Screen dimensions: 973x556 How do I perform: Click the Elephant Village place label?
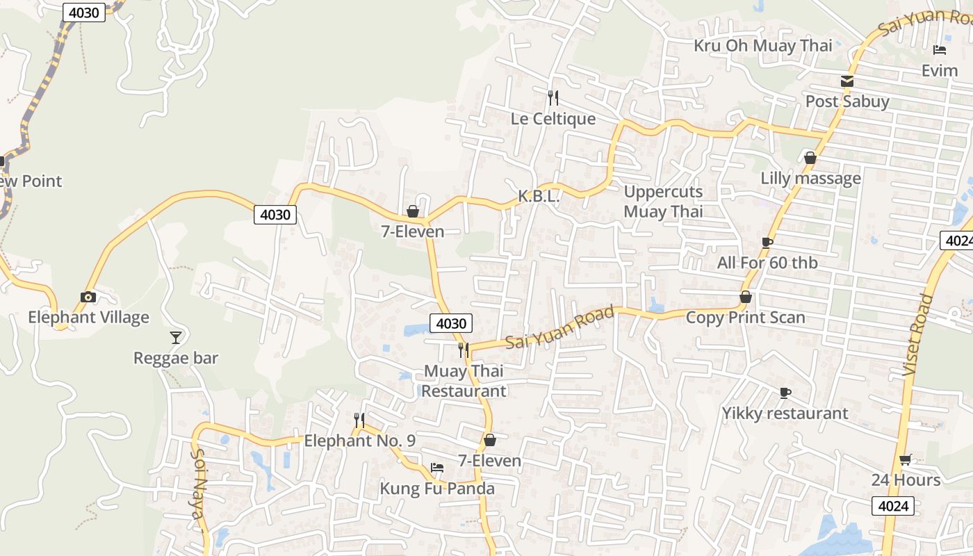tap(88, 318)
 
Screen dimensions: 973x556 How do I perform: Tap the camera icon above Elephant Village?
tap(88, 297)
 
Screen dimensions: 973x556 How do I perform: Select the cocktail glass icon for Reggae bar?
tap(176, 338)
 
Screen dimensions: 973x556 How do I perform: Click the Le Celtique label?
tap(553, 119)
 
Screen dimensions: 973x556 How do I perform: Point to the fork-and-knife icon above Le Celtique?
tap(553, 97)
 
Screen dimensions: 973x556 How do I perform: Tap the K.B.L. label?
tap(539, 197)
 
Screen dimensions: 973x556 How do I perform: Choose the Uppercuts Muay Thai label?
tap(663, 202)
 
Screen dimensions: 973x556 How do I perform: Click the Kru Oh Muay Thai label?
tap(762, 46)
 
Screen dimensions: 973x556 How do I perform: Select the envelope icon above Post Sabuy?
tap(847, 81)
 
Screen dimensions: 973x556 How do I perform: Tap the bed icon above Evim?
tap(940, 50)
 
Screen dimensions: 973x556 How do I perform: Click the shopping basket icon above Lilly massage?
tap(810, 158)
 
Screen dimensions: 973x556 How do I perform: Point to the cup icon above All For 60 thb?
tap(767, 243)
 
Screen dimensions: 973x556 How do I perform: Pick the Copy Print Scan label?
tap(745, 318)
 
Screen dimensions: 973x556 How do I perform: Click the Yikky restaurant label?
tap(785, 414)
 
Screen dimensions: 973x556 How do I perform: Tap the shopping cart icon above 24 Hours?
tap(905, 459)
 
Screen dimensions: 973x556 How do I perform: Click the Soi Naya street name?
tap(198, 493)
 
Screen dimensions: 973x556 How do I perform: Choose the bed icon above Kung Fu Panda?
tap(436, 468)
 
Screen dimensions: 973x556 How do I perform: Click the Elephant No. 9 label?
tap(359, 441)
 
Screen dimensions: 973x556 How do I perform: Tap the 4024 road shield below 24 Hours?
tap(893, 506)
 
